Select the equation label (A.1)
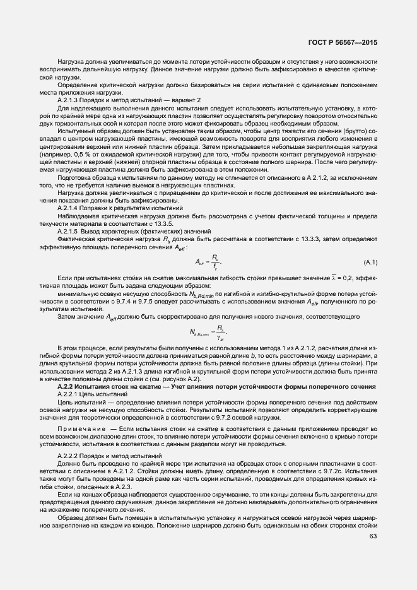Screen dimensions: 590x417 pos(370,261)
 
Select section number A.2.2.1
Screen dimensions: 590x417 pos(71,393)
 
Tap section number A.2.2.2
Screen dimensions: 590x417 pos(71,455)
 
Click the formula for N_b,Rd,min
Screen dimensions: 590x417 pos(208,332)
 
